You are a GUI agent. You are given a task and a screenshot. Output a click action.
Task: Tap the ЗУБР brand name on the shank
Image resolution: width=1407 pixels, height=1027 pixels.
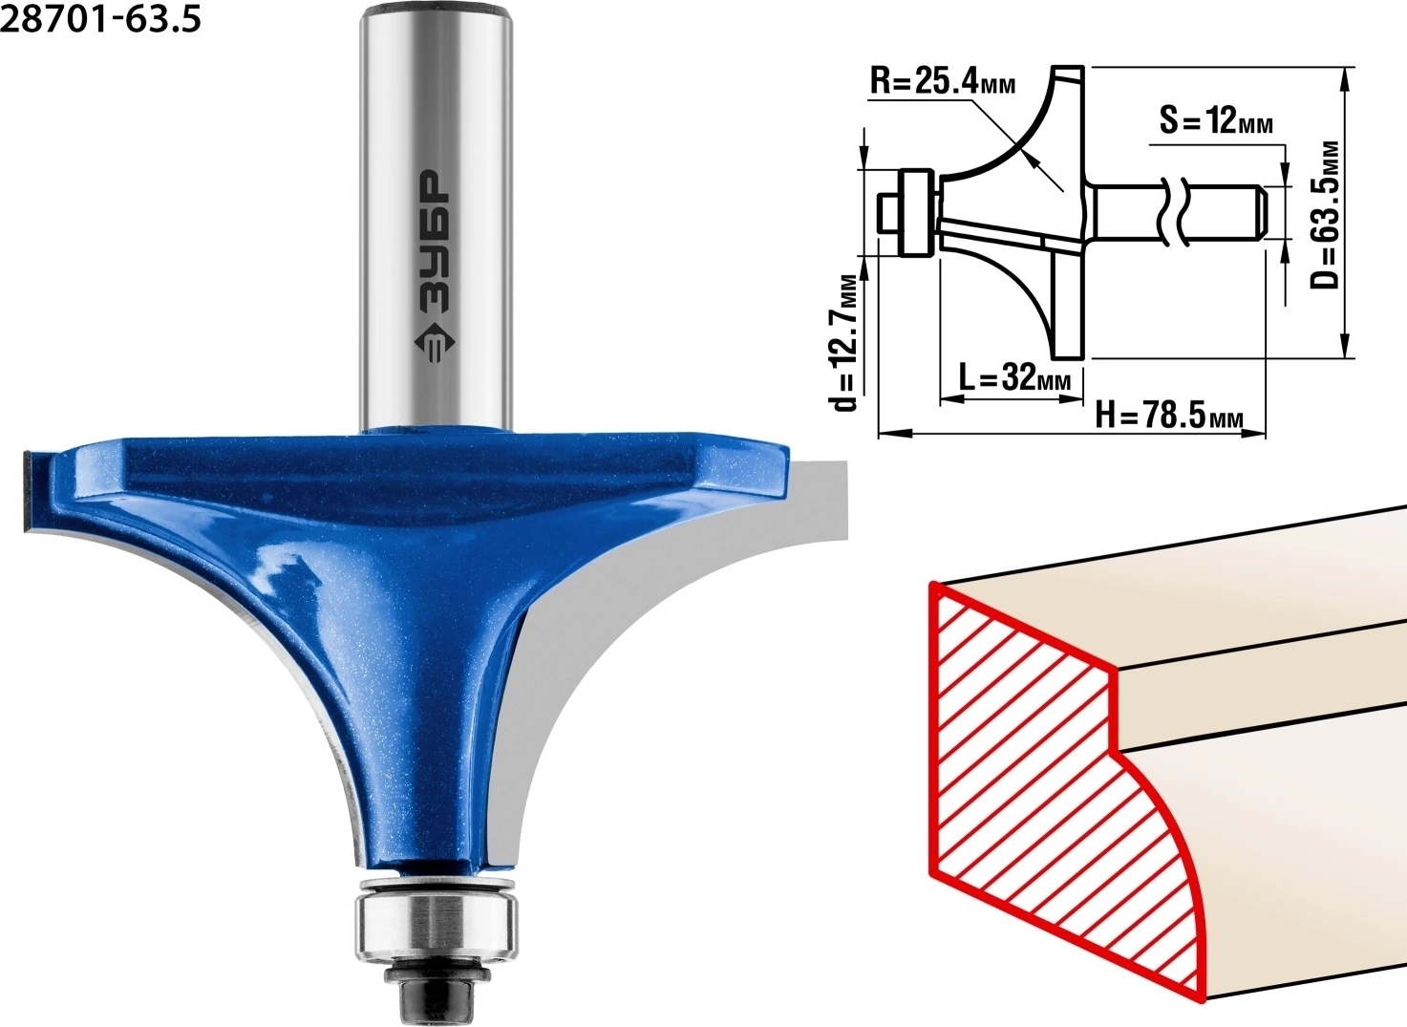(435, 241)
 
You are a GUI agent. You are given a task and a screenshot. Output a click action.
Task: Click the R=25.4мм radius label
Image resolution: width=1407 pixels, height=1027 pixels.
(942, 82)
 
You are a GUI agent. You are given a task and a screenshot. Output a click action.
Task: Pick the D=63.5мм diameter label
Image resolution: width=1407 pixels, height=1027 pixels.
(1326, 214)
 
